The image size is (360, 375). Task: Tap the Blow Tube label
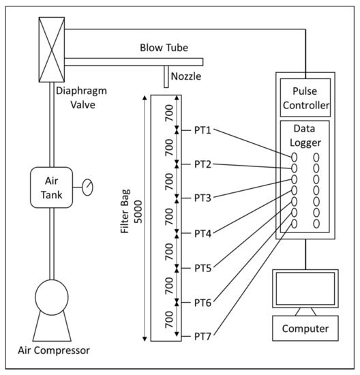click(163, 48)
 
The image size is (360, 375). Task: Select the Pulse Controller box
click(305, 98)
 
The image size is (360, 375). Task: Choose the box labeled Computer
click(305, 329)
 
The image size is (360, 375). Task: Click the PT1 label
click(203, 130)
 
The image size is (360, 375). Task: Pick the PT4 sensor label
click(203, 233)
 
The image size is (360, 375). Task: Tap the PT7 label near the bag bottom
click(203, 336)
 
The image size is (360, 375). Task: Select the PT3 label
click(203, 198)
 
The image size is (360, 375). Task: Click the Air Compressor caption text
click(53, 351)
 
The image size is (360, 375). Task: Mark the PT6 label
click(203, 302)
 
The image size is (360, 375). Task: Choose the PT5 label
click(203, 268)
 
